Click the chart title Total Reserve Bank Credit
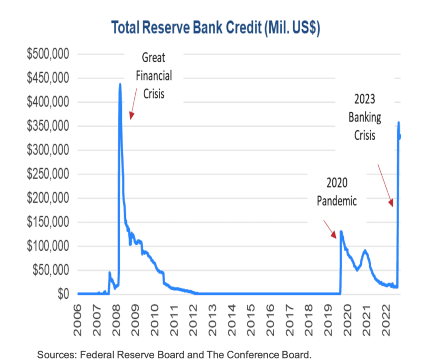pos(215,27)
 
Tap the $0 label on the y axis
pos(62,294)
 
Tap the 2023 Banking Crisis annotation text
pos(365,117)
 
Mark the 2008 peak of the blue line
pos(120,85)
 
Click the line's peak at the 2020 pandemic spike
pos(341,231)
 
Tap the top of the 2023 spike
pos(399,123)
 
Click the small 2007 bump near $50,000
pos(109,272)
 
